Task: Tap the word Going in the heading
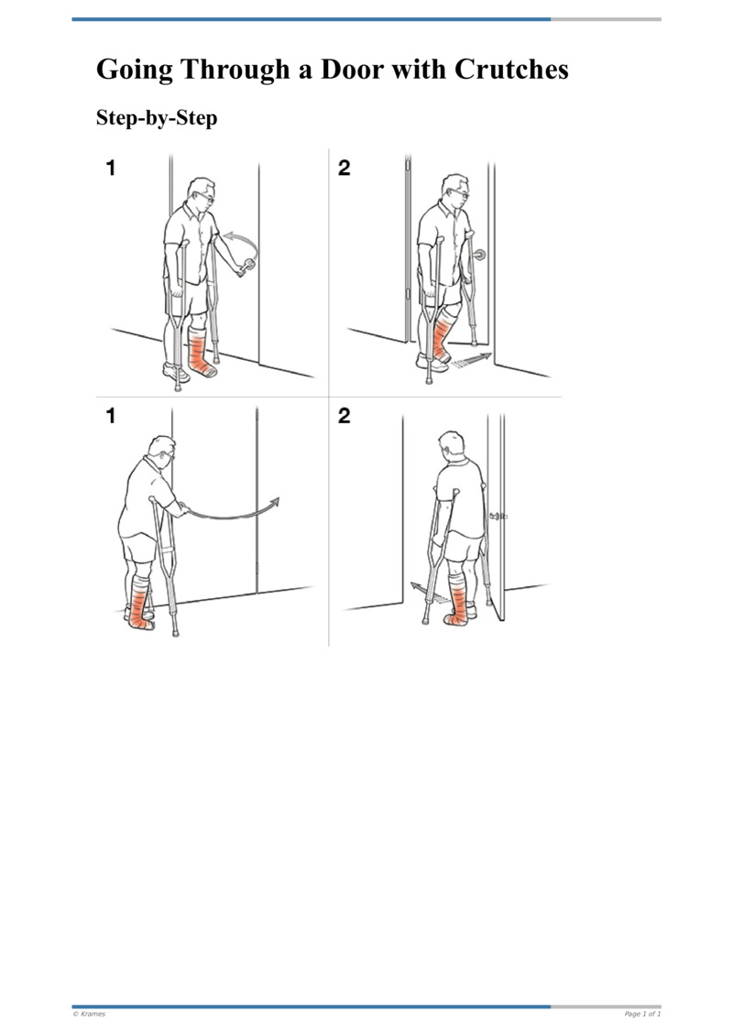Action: tap(136, 70)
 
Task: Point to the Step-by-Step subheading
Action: tap(157, 118)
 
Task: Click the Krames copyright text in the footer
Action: tap(89, 1014)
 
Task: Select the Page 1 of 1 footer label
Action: tap(642, 1014)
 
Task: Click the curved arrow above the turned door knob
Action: tap(241, 243)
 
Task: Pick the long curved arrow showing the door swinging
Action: tap(234, 513)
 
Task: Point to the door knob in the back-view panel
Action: tap(500, 517)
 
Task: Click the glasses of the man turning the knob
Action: tap(210, 198)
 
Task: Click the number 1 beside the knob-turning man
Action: tap(111, 169)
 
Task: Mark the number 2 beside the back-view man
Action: tap(344, 417)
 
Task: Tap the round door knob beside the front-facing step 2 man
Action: tap(479, 256)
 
